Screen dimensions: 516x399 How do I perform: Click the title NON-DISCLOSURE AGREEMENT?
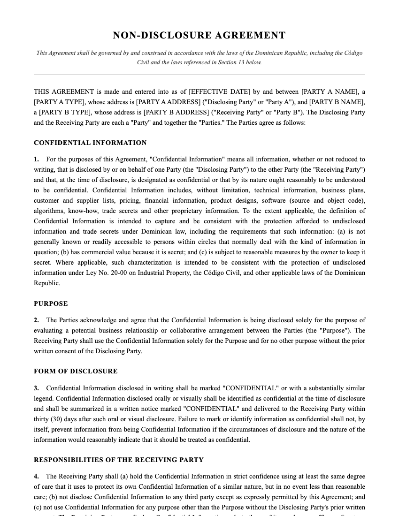199,35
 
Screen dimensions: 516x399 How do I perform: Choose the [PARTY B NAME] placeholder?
337,102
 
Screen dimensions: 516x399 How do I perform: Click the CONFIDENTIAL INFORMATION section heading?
90,143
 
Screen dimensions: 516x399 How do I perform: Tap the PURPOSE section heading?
51,304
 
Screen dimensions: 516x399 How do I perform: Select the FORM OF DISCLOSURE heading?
76,371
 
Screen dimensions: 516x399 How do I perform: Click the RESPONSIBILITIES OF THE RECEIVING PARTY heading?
119,460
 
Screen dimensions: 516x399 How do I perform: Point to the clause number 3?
36,388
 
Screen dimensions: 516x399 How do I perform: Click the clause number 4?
36,476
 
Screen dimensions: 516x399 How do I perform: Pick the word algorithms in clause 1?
49,211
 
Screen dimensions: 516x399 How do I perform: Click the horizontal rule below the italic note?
199,75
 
